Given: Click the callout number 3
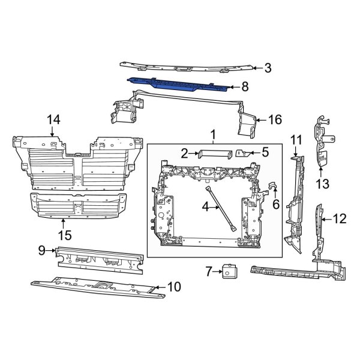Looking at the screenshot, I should pos(268,68).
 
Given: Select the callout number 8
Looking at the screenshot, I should pos(244,86).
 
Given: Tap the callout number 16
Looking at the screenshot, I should pos(275,120).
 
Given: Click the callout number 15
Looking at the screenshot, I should pos(63,233).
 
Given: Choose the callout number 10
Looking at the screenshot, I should pos(174,287).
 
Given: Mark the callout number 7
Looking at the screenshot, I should pos(209,272).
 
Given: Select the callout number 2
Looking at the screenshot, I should pos(185,153).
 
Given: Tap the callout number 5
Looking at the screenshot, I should pos(265,152).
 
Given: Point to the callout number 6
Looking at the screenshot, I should pos(276,204).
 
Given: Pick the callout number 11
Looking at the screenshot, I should pos(296,140).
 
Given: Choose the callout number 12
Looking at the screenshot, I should pos(340,219).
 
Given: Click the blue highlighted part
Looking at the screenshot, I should pos(180,83).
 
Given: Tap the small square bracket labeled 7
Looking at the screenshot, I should pos(228,272).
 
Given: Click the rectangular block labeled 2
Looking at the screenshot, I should pos(215,153).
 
